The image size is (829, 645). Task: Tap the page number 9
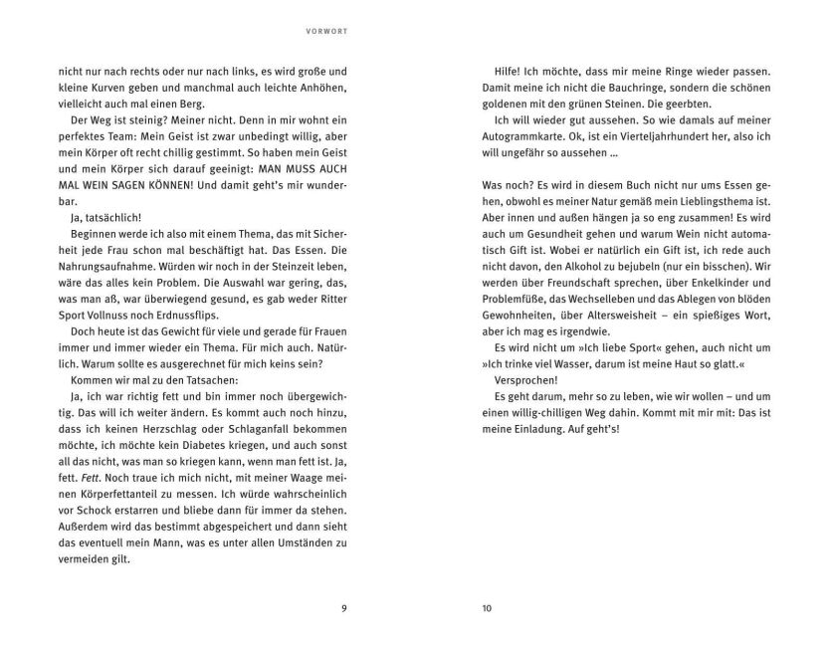pyautogui.click(x=343, y=610)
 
